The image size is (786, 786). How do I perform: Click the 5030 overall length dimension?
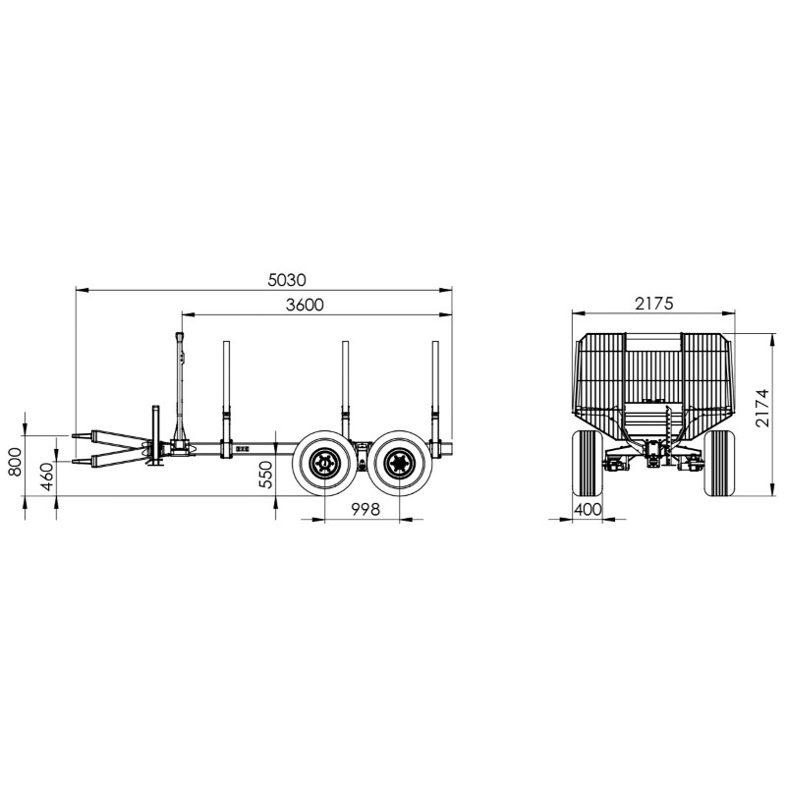[286, 280]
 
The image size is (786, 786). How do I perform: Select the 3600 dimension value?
[305, 305]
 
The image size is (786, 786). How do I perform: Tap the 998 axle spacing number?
[365, 509]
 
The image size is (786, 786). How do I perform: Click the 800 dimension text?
[15, 462]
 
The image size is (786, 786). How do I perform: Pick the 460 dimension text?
[46, 477]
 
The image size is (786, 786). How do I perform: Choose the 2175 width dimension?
[654, 304]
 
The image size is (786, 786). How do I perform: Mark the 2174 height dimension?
[762, 408]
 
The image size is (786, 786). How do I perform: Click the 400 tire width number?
[587, 509]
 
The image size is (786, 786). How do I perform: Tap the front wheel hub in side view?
[324, 463]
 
